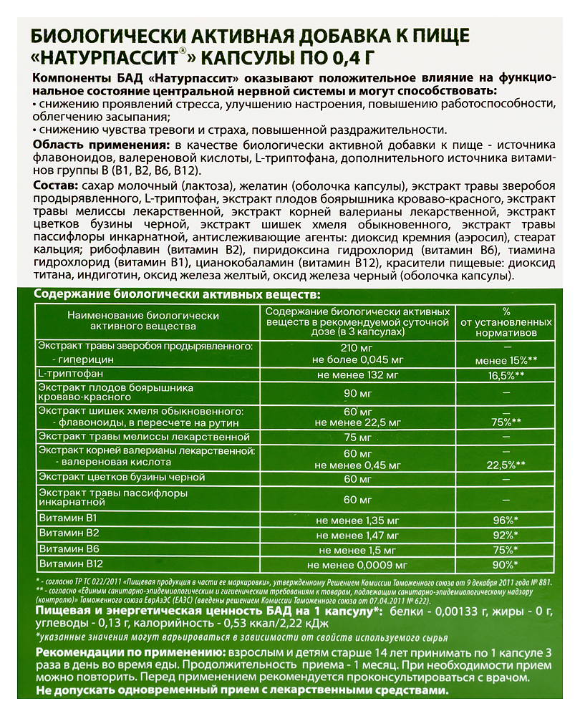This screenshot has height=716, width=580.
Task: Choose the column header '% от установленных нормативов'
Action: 506,321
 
